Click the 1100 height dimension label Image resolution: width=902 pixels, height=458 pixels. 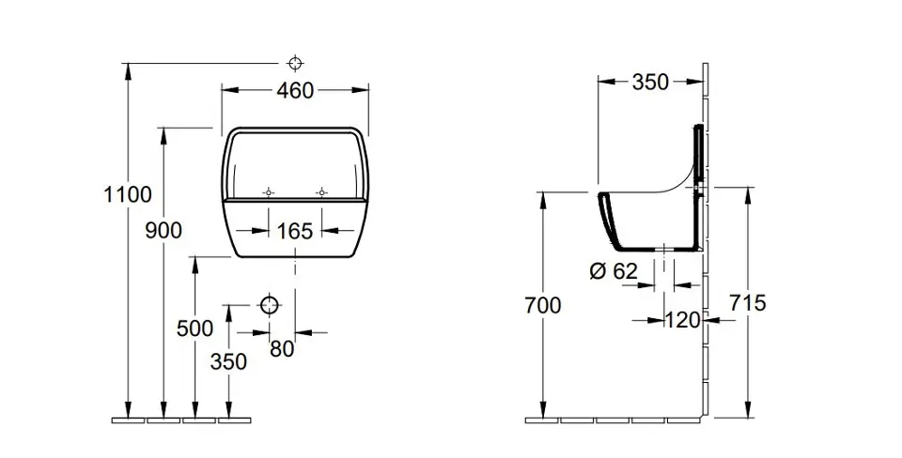pyautogui.click(x=128, y=195)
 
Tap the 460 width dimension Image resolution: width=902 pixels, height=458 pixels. pyautogui.click(x=295, y=90)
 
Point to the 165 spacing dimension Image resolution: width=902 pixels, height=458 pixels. pyautogui.click(x=295, y=230)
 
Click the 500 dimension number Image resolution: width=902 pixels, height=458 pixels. pyautogui.click(x=194, y=328)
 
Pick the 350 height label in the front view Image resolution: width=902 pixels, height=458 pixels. pyautogui.click(x=228, y=361)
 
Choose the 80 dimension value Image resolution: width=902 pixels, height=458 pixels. pyautogui.click(x=282, y=349)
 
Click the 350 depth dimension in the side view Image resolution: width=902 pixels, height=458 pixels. pyautogui.click(x=650, y=83)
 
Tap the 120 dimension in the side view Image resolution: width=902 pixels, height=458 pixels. pyautogui.click(x=682, y=320)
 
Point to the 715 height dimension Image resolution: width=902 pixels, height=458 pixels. pyautogui.click(x=748, y=303)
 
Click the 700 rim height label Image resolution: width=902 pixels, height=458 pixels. pyautogui.click(x=542, y=305)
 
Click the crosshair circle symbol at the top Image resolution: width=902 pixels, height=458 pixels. pyautogui.click(x=295, y=64)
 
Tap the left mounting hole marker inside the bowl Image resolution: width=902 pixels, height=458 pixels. pyautogui.click(x=269, y=191)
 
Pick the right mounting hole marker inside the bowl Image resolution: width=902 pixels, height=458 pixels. pyautogui.click(x=321, y=191)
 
